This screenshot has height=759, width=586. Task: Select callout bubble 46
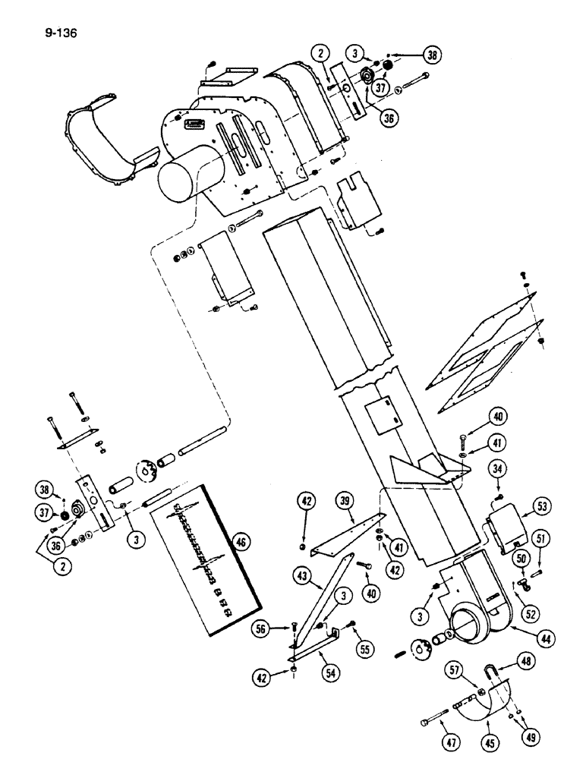point(241,542)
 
